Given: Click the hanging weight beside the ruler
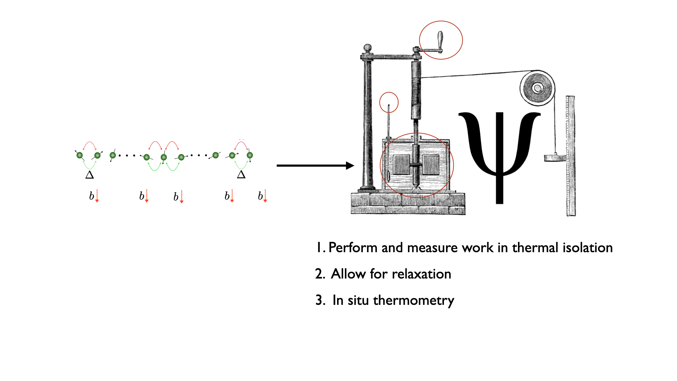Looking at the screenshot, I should pyautogui.click(x=555, y=158).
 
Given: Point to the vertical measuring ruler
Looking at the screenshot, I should pyautogui.click(x=571, y=155).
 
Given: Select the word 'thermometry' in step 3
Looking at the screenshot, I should pyautogui.click(x=414, y=301).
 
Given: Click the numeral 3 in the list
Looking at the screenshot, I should pyautogui.click(x=319, y=300).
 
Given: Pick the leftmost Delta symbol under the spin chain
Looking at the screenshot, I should pyautogui.click(x=90, y=175).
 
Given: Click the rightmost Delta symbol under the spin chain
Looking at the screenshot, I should pyautogui.click(x=241, y=174).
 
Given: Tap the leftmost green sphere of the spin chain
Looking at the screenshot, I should pyautogui.click(x=80, y=155).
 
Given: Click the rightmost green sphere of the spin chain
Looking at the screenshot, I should pyautogui.click(x=250, y=155).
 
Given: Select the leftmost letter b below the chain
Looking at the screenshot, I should pyautogui.click(x=91, y=196).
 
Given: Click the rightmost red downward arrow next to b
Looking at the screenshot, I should pyautogui.click(x=265, y=196).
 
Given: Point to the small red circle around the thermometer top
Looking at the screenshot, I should pyautogui.click(x=389, y=102).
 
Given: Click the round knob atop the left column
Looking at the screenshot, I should pyautogui.click(x=367, y=48).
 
